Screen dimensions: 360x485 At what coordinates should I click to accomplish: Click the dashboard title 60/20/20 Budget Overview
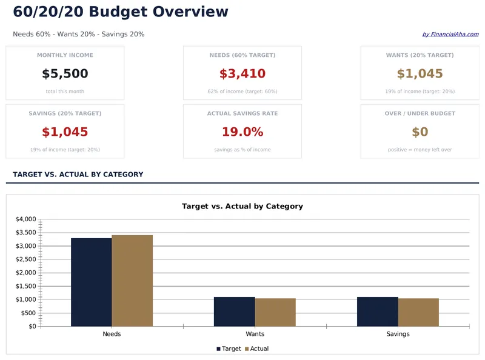point(121,12)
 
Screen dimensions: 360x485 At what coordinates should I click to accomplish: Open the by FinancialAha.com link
point(450,35)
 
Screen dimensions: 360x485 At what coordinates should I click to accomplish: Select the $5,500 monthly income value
point(65,74)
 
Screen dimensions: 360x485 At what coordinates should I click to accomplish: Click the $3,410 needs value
point(242,74)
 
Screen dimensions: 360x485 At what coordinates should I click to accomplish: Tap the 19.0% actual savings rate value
point(242,132)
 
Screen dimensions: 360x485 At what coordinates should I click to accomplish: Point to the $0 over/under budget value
point(420,132)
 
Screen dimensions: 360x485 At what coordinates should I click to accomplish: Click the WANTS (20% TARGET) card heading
point(420,55)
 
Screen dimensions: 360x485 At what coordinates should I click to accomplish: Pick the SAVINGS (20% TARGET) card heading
point(65,113)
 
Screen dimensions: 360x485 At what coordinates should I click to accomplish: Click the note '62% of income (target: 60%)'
point(242,92)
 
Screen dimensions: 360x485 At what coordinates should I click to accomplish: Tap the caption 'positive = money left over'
point(420,150)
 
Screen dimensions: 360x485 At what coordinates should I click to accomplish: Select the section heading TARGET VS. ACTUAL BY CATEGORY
point(78,175)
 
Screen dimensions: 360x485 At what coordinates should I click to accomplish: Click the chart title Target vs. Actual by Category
point(242,206)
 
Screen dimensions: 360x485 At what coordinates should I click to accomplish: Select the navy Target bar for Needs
point(91,282)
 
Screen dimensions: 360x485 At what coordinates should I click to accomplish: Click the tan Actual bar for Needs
point(132,281)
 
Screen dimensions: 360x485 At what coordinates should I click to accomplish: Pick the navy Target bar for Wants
point(234,312)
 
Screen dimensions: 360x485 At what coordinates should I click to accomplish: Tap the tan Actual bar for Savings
point(418,312)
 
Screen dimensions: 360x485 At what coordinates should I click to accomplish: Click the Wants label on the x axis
point(255,334)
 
